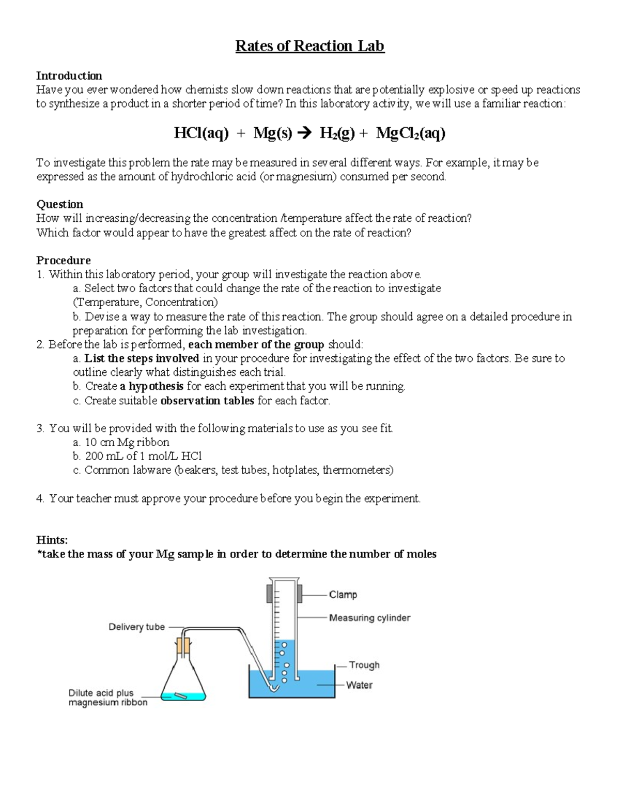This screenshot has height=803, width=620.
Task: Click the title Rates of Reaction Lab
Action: coord(309,47)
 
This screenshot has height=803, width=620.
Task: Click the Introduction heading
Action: coord(69,76)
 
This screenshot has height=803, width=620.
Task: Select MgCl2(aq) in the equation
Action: coord(410,134)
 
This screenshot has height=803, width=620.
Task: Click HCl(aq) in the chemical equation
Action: coord(201,134)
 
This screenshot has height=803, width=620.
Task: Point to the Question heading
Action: coord(59,204)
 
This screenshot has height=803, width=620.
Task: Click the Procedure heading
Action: coord(63,260)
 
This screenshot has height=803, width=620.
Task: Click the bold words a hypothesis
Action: coord(151,386)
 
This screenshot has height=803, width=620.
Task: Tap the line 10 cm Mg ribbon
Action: coord(127,443)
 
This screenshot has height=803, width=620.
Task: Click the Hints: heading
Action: coord(52,540)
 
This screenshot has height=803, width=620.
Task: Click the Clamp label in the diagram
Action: coord(343,595)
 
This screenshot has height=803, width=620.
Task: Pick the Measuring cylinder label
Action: coord(369,617)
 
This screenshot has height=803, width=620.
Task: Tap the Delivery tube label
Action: coord(136,627)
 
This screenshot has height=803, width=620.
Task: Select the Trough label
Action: coord(364,665)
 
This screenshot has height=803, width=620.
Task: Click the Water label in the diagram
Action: coord(359,685)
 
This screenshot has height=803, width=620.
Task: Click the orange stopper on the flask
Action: coord(183,645)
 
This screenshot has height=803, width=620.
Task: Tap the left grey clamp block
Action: coord(269,594)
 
